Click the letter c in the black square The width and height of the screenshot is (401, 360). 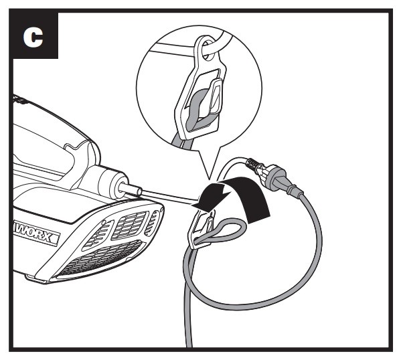point(33,37)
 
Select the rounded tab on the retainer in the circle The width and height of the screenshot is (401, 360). point(216,96)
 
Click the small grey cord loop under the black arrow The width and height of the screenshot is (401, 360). point(223,234)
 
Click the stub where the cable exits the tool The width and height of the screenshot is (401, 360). point(130,191)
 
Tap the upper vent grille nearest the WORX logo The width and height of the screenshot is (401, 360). point(98,236)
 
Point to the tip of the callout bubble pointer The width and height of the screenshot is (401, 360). point(209,179)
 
